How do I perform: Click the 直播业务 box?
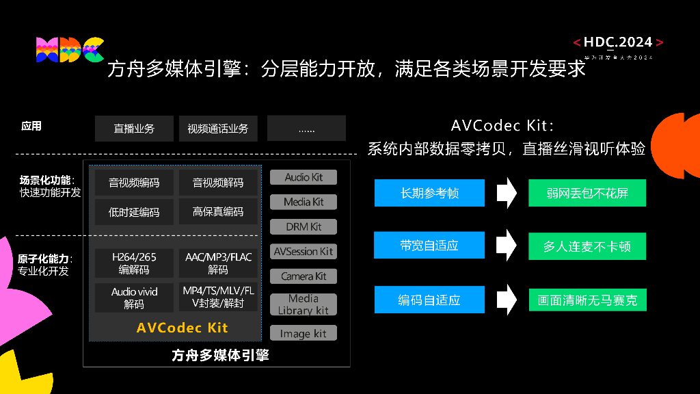pyautogui.click(x=134, y=129)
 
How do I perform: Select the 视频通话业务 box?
pyautogui.click(x=218, y=129)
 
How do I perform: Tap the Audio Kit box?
pyautogui.click(x=304, y=177)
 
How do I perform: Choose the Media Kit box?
pyautogui.click(x=304, y=202)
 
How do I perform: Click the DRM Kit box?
pyautogui.click(x=304, y=226)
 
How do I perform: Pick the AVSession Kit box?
pyautogui.click(x=304, y=252)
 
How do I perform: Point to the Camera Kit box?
pyautogui.click(x=304, y=276)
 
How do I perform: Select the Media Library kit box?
pyautogui.click(x=304, y=304)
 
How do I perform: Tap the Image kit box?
pyautogui.click(x=304, y=334)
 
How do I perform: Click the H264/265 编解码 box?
pyautogui.click(x=134, y=263)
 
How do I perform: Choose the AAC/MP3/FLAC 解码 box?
pyautogui.click(x=218, y=263)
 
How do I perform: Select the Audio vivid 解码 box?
pyautogui.click(x=134, y=298)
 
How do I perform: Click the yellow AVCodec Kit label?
pyautogui.click(x=182, y=328)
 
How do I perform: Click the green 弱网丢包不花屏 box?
pyautogui.click(x=587, y=193)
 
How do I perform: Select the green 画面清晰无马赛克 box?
pyautogui.click(x=587, y=300)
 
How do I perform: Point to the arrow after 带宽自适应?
pyautogui.click(x=506, y=246)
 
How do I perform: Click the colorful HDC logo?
pyautogui.click(x=69, y=49)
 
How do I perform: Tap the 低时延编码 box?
pyautogui.click(x=134, y=212)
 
